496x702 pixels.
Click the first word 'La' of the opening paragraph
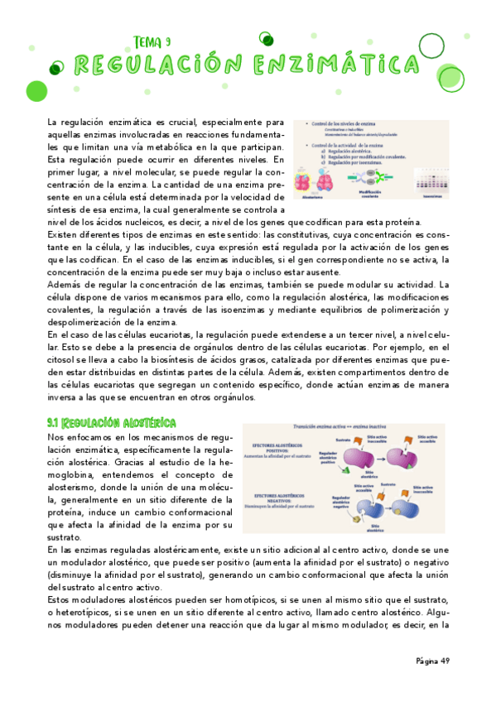(53, 123)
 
